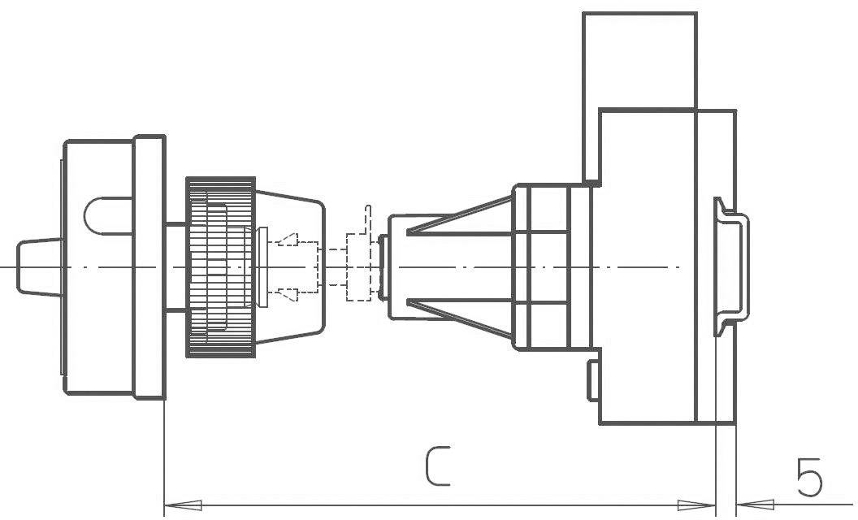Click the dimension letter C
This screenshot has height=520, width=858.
(x=437, y=466)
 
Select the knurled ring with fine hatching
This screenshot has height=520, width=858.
(x=220, y=266)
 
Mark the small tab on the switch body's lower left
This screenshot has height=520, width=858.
(x=593, y=381)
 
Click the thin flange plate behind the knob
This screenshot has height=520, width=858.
(x=149, y=266)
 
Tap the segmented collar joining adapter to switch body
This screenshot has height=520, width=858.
(x=548, y=266)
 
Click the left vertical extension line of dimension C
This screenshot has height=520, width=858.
(x=165, y=455)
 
